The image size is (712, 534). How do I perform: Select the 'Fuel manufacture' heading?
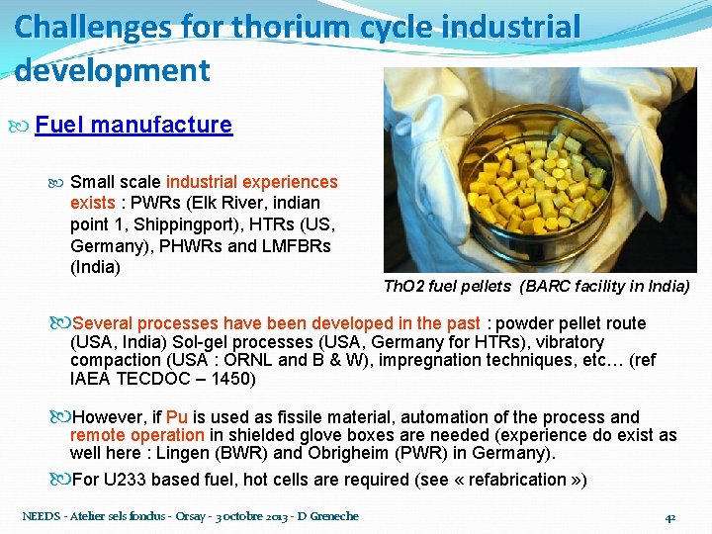coord(133,125)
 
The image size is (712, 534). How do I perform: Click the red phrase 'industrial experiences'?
coord(251,182)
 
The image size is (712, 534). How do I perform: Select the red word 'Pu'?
coord(177,417)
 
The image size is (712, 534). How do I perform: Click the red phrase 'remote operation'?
coord(136,435)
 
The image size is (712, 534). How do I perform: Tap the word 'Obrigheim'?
coord(328,453)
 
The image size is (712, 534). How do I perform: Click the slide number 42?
coord(669,516)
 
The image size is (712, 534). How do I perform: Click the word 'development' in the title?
coord(113,71)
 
